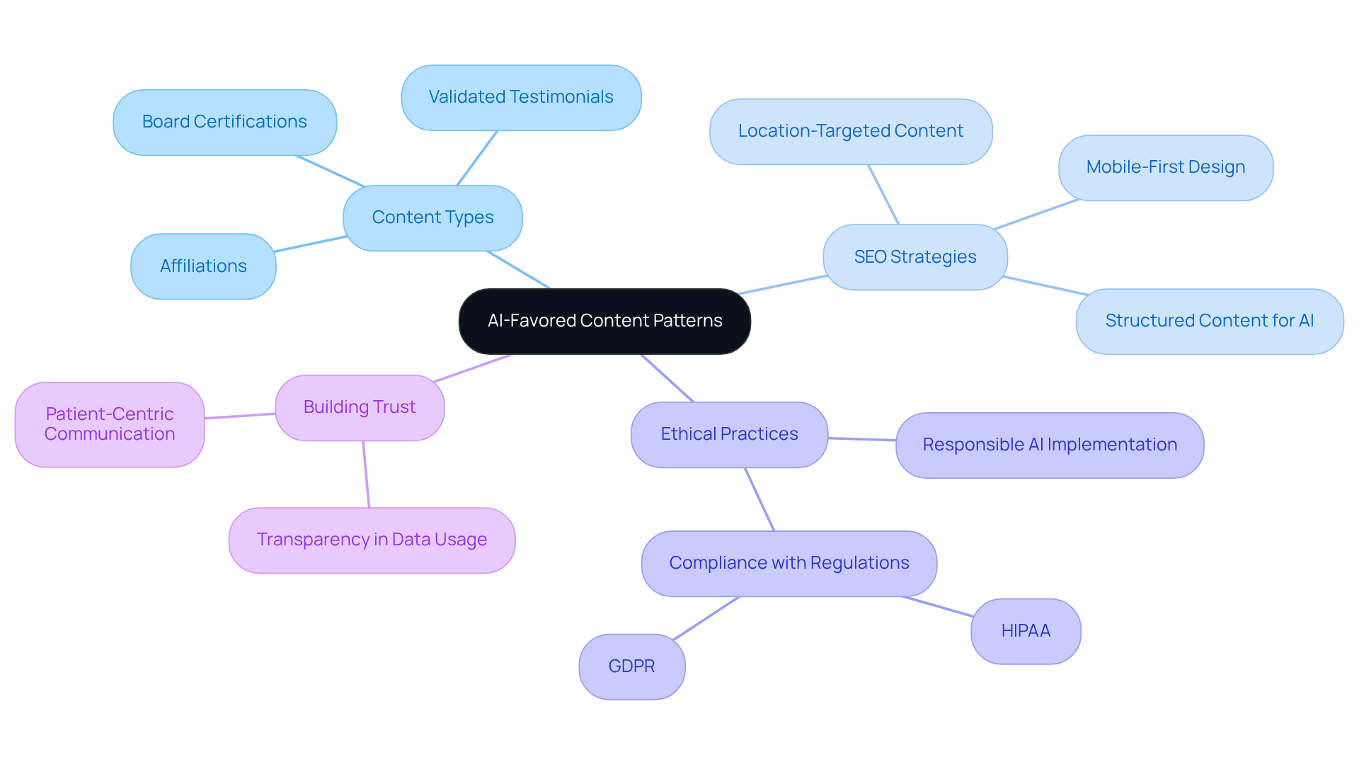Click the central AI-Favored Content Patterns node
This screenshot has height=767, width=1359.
604,321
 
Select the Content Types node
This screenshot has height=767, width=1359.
432,217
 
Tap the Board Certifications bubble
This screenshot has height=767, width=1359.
224,122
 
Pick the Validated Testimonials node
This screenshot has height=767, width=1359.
521,97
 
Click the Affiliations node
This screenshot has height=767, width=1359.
203,266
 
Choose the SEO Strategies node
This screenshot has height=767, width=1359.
914,257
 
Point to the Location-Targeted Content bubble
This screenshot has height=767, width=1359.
850,131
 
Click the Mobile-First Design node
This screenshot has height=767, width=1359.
1165,167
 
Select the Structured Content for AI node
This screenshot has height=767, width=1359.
1209,321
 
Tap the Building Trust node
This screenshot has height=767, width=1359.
360,407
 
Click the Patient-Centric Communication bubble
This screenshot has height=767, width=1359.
110,424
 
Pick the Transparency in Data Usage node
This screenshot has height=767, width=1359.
372,540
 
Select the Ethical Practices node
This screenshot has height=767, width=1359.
729,434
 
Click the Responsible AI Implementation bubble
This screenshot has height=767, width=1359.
1049,445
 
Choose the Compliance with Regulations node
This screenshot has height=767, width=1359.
789,563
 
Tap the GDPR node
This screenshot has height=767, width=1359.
631,666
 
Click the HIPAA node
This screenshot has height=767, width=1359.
1025,631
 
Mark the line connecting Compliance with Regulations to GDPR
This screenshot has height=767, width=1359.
706,618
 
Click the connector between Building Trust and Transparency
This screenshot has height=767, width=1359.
366,474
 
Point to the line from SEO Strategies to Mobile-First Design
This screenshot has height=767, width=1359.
1036,214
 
